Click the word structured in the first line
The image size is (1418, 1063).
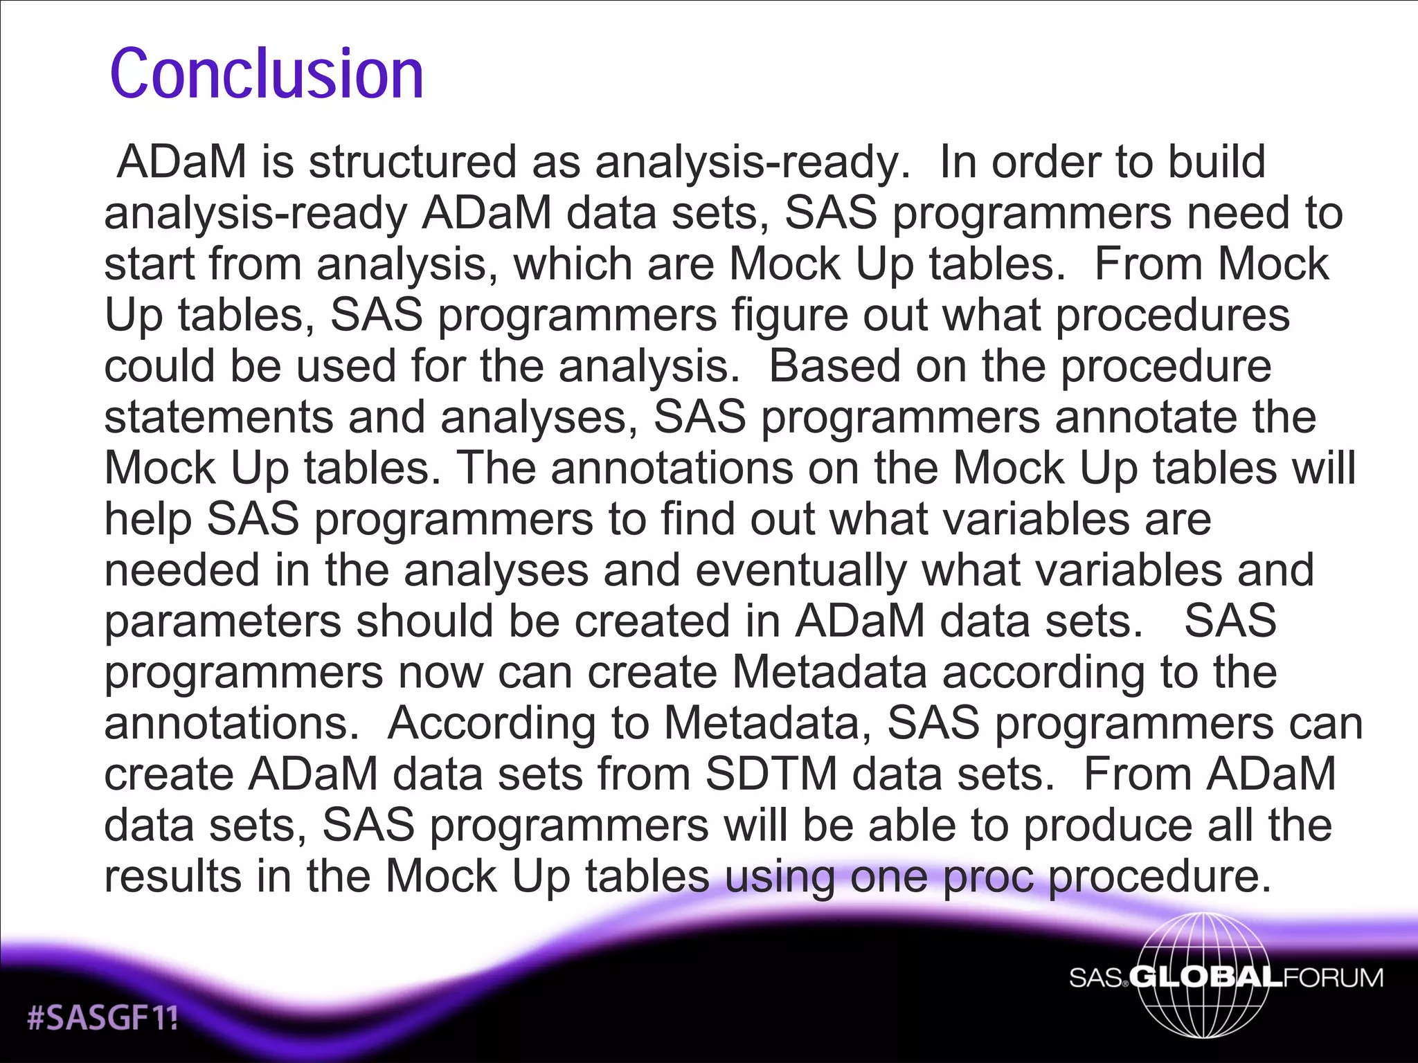tap(412, 162)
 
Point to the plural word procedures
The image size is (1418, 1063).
tap(1172, 316)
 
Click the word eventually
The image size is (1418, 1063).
tap(800, 570)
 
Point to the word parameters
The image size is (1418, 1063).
tap(222, 621)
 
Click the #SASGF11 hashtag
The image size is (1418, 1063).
tap(102, 1018)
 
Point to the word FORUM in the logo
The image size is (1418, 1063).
tap(1333, 977)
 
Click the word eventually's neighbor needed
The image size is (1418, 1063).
tap(181, 570)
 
